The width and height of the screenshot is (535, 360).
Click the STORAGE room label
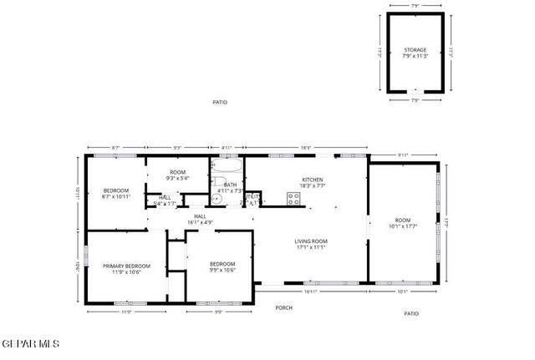pyautogui.click(x=415, y=50)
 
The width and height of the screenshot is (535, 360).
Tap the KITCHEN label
pyautogui.click(x=312, y=180)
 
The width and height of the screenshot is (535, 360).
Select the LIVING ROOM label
pyautogui.click(x=310, y=242)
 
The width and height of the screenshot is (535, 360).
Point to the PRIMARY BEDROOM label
pyautogui.click(x=121, y=266)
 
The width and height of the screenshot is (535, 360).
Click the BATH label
pyautogui.click(x=230, y=185)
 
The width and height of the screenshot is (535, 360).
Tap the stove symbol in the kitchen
pyautogui.click(x=293, y=198)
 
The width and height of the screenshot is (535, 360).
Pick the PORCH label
pyautogui.click(x=284, y=307)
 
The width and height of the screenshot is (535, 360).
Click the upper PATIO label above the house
pyautogui.click(x=219, y=102)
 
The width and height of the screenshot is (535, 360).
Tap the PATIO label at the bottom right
pyautogui.click(x=410, y=313)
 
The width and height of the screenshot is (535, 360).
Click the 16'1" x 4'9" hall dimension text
pyautogui.click(x=201, y=222)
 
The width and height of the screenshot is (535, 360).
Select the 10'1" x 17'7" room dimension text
pyautogui.click(x=403, y=226)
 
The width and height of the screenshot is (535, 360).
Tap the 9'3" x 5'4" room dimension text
pyautogui.click(x=177, y=178)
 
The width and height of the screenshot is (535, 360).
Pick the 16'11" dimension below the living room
pyautogui.click(x=310, y=292)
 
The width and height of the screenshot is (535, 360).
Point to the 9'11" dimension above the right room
pyautogui.click(x=403, y=155)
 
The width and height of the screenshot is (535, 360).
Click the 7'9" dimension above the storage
pyautogui.click(x=415, y=7)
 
